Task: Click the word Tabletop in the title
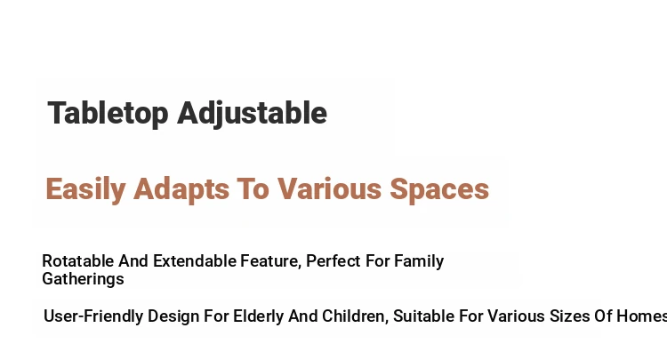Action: (x=108, y=114)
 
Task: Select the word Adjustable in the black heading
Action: (x=253, y=114)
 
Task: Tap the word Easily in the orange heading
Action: (x=85, y=189)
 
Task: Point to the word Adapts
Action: (x=181, y=189)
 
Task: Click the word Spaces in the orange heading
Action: (x=439, y=189)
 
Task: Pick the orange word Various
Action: (x=330, y=188)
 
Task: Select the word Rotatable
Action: (x=78, y=261)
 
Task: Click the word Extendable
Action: (x=195, y=261)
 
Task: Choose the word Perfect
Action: (x=333, y=261)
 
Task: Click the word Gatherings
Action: (x=83, y=280)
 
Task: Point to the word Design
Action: (x=173, y=317)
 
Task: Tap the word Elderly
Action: (x=258, y=317)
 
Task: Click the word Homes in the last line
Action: (x=641, y=316)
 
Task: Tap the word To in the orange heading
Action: (x=253, y=188)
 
